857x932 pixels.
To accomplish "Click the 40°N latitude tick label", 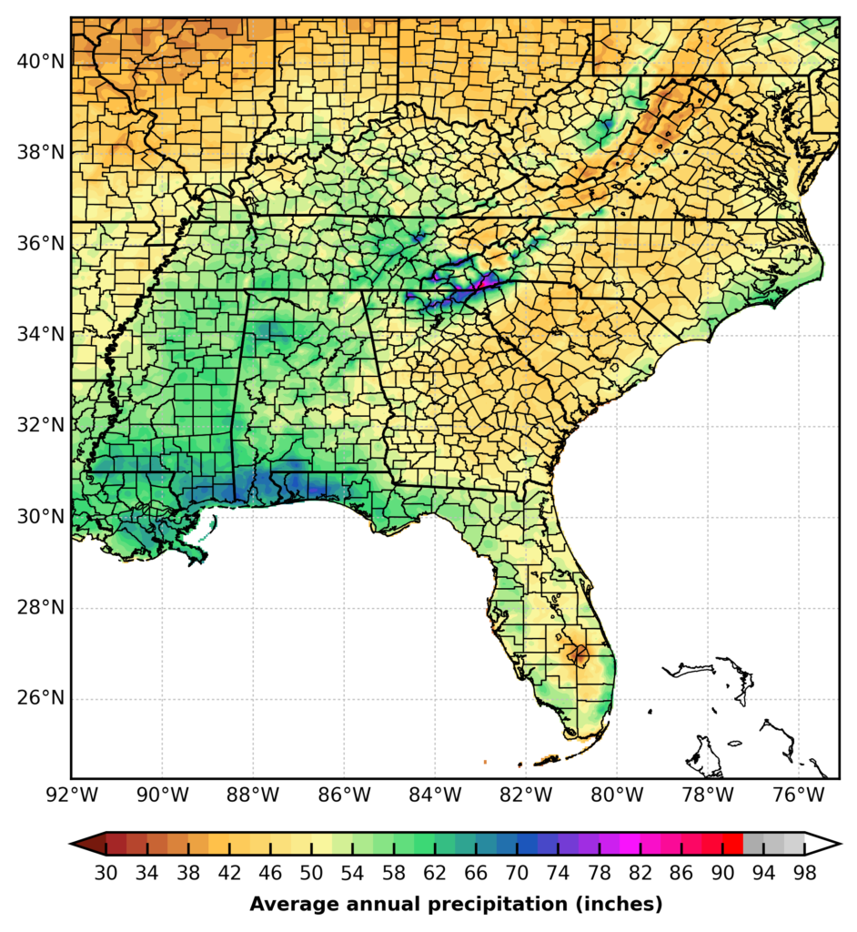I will click(x=39, y=61).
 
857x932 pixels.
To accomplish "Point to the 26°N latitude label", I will click(x=39, y=699).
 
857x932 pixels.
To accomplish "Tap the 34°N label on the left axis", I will click(x=39, y=334).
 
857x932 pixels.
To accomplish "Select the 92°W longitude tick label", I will click(x=71, y=795).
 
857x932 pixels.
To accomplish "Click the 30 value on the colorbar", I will click(x=106, y=873).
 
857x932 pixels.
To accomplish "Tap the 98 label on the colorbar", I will click(x=804, y=873).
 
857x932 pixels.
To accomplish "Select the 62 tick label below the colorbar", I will click(x=434, y=873).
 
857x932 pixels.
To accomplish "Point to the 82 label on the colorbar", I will click(x=640, y=873).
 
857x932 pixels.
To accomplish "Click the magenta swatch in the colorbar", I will click(x=630, y=844).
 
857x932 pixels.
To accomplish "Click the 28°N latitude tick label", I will click(x=39, y=608).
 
